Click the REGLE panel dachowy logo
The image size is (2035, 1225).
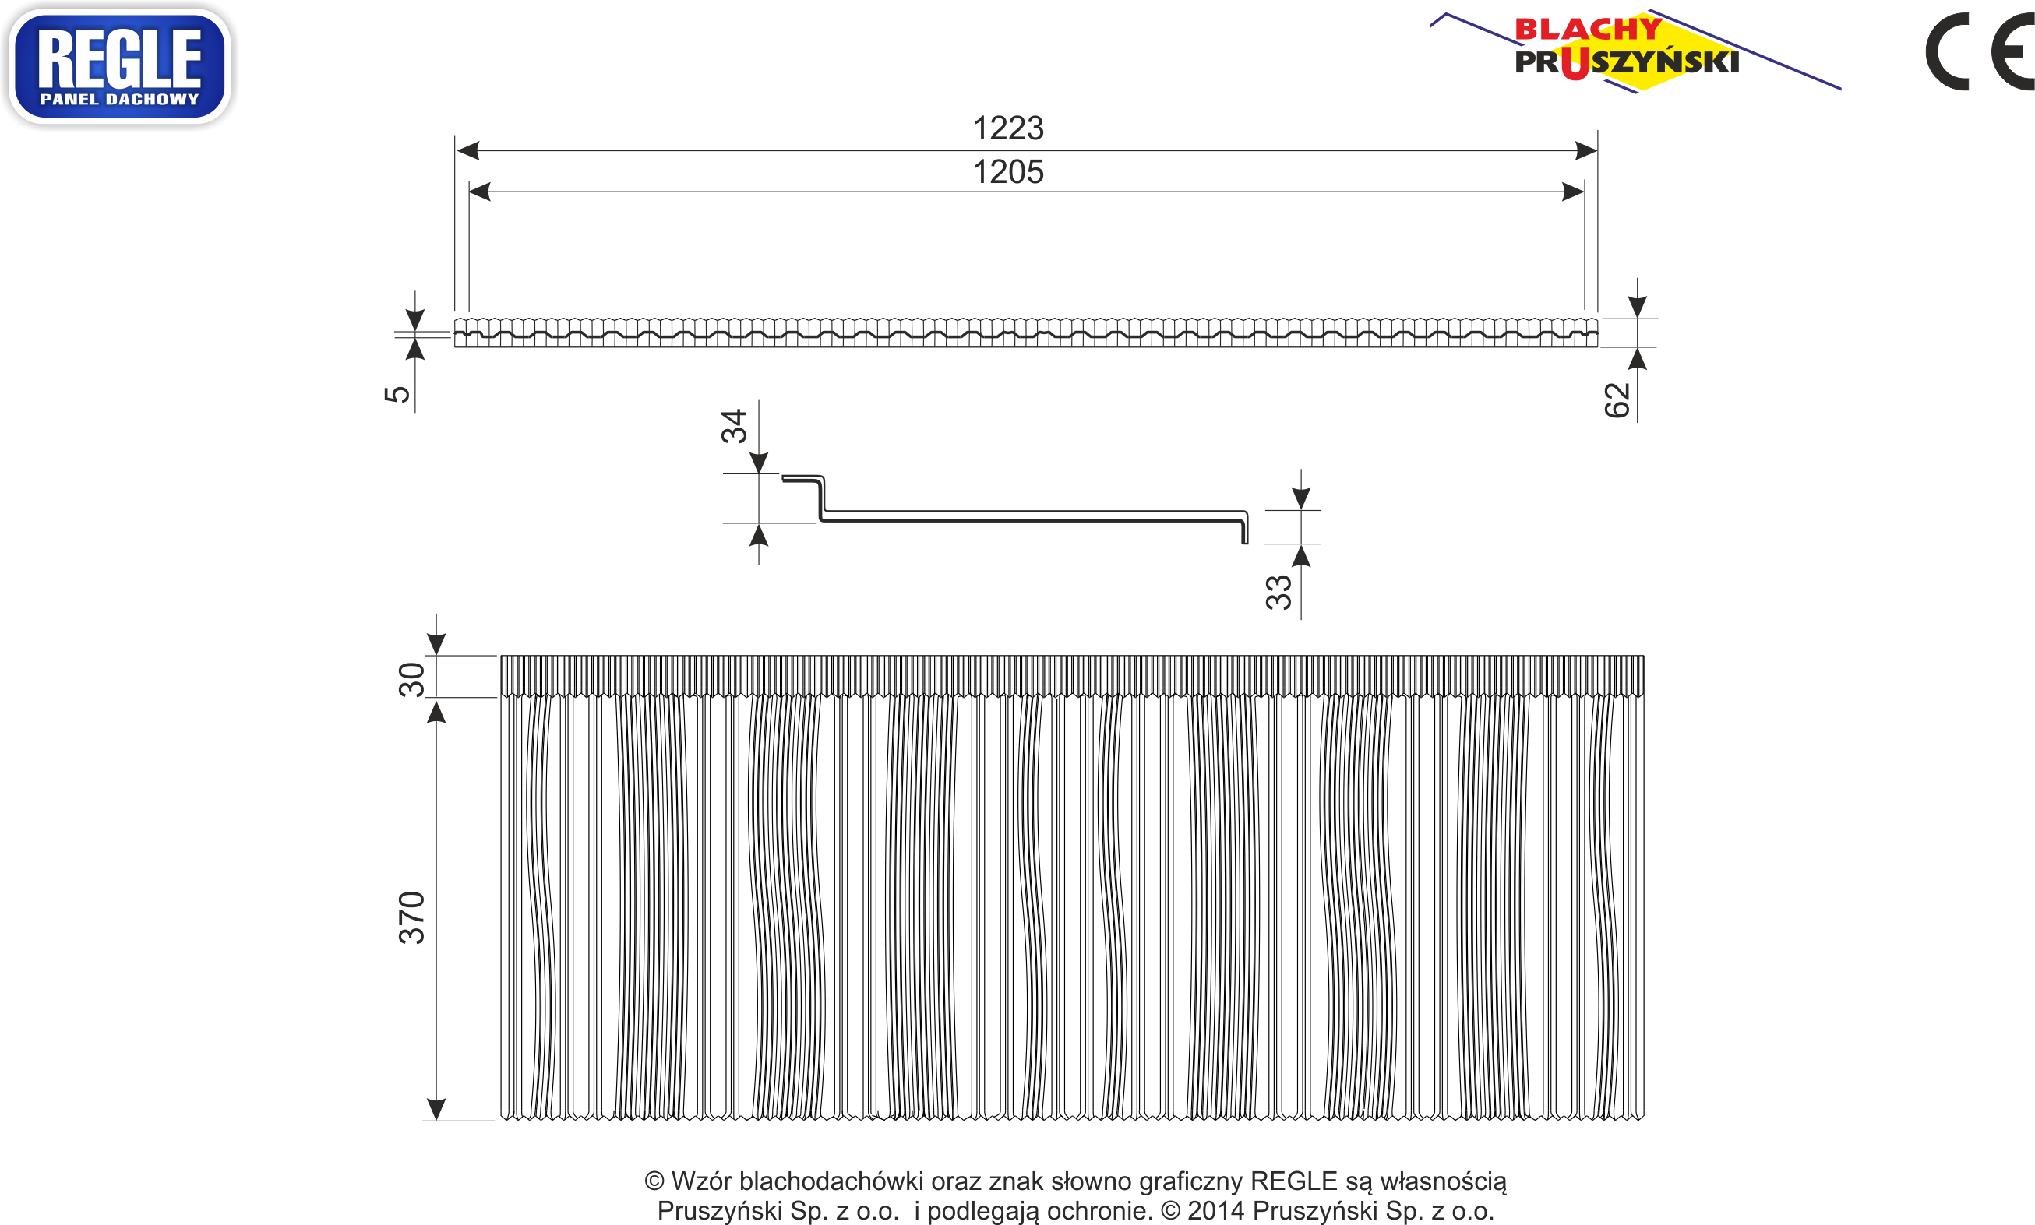[x=120, y=66]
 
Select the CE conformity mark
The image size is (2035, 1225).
[x=1980, y=51]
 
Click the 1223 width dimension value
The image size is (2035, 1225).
[x=1008, y=128]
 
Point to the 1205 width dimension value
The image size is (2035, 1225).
[x=1008, y=171]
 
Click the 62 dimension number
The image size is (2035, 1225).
[x=1617, y=400]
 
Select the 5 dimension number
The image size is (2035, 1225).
[x=397, y=394]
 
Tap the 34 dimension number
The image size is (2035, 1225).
[x=734, y=426]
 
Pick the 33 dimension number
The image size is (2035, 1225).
[x=1278, y=593]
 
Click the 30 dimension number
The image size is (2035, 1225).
[x=412, y=679]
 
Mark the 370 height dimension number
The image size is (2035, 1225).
[x=412, y=918]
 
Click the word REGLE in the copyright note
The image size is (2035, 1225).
[x=1293, y=1181]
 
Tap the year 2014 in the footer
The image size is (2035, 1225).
[x=1216, y=1211]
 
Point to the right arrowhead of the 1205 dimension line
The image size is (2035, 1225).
[x=1573, y=192]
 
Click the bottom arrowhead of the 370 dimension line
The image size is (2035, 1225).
[x=436, y=1110]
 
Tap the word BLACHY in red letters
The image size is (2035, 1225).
[x=1589, y=30]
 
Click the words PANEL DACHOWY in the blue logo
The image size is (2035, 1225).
[x=120, y=99]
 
